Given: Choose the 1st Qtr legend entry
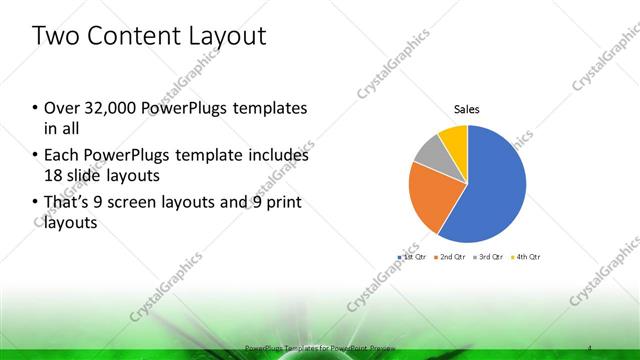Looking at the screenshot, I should click(413, 258).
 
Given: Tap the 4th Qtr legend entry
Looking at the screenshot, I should click(527, 258).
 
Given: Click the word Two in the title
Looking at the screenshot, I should click(56, 37).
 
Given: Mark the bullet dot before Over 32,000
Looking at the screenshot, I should click(35, 108).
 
